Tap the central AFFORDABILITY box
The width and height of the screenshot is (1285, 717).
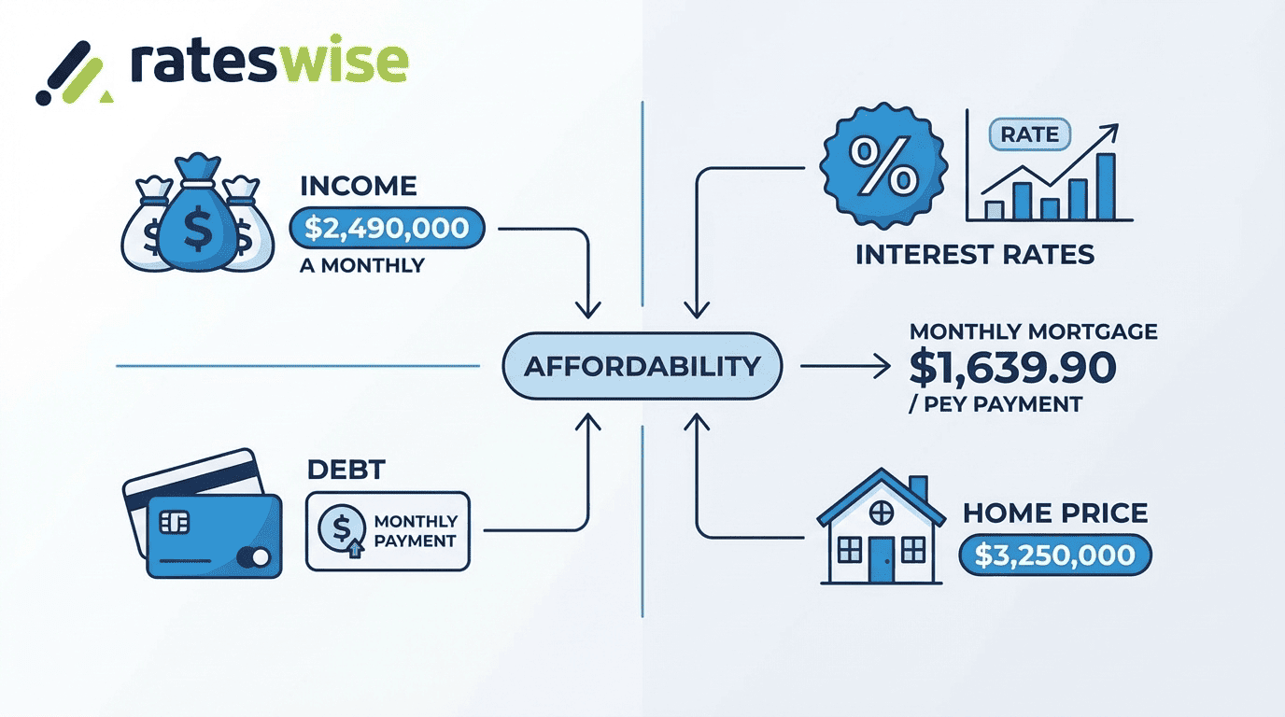point(642,365)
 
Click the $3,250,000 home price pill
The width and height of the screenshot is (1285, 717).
point(1055,555)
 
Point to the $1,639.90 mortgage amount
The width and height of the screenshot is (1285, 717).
point(1012,369)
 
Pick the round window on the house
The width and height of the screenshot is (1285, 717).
point(881,511)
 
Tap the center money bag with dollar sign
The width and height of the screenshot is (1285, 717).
point(197,224)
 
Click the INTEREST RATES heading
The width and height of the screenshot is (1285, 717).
point(975,254)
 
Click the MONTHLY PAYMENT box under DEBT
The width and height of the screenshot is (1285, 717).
point(388,531)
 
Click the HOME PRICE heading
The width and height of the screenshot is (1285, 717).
point(1055,513)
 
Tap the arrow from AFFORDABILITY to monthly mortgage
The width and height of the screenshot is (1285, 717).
point(846,367)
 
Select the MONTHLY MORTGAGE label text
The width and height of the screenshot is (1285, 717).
point(1033,331)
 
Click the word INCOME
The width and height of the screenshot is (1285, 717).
point(358,186)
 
